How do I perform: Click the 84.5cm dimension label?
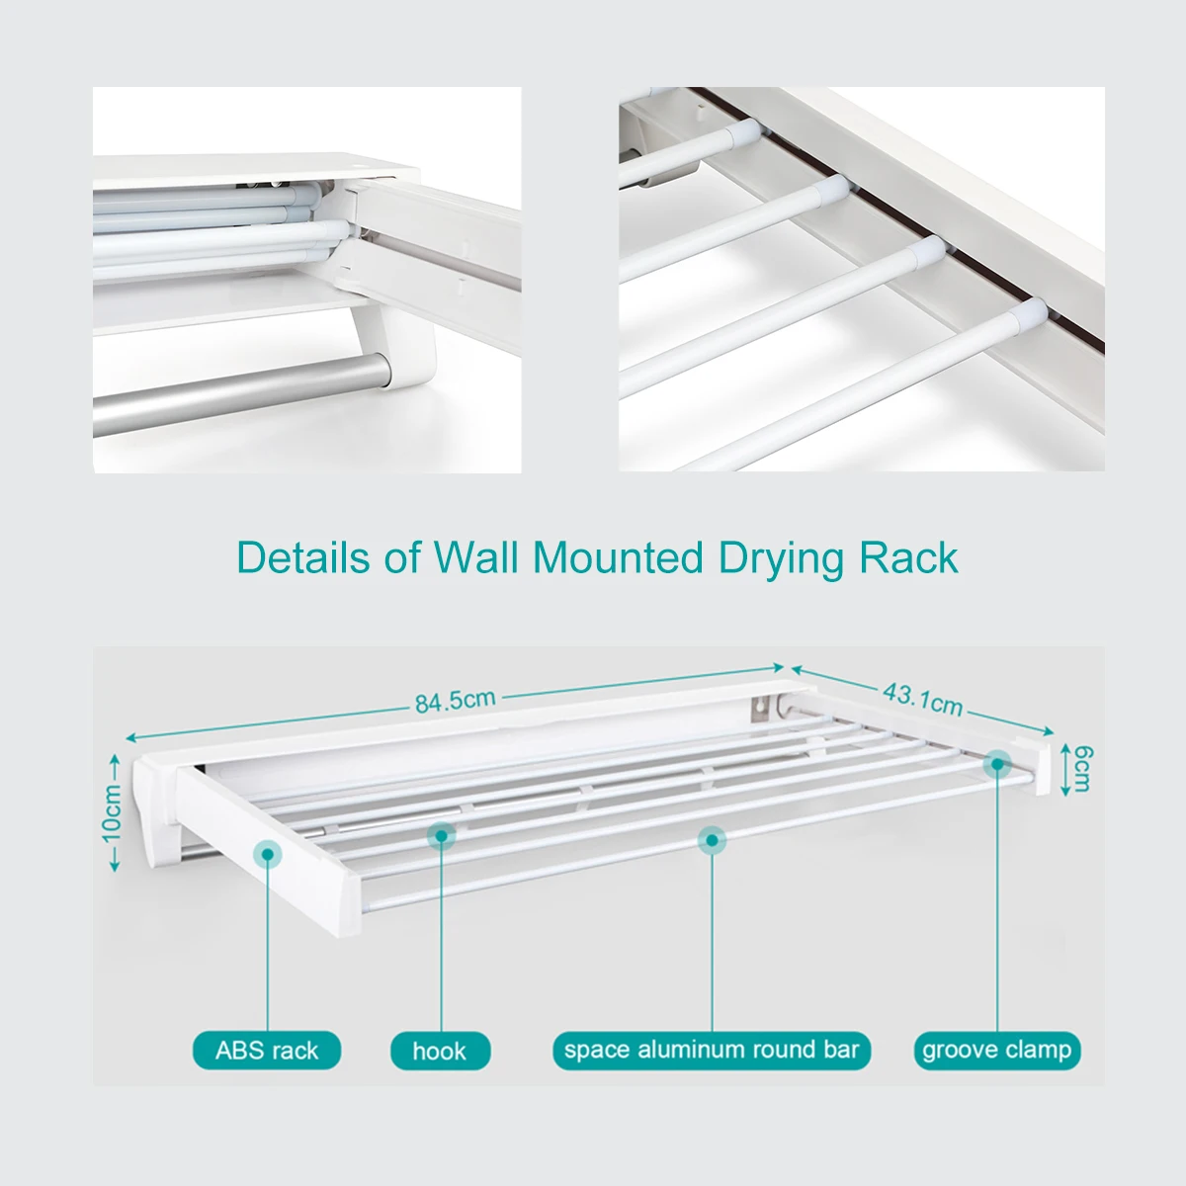[455, 701]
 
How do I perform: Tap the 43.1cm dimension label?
[922, 698]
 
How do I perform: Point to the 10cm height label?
[112, 812]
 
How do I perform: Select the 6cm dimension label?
[1082, 769]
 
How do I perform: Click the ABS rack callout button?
[267, 1050]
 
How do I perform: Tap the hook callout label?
[440, 1051]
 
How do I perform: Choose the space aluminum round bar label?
[712, 1050]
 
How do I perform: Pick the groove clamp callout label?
[996, 1050]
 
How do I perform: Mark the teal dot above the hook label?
[441, 836]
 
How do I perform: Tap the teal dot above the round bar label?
[711, 841]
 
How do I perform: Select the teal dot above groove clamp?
[997, 763]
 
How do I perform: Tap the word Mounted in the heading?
[618, 558]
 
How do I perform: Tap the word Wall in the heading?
[476, 558]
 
